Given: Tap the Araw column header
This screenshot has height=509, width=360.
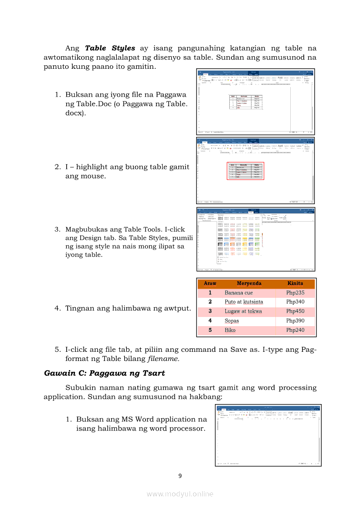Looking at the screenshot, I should (x=210, y=283).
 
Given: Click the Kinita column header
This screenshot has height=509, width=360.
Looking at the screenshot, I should (x=295, y=283).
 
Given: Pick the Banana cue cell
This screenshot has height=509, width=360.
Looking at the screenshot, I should (x=238, y=293).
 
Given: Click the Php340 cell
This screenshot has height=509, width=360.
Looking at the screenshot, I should (x=295, y=302).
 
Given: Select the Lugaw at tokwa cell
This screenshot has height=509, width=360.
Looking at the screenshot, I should (x=243, y=311).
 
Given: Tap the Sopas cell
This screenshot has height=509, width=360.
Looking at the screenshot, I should (x=231, y=321).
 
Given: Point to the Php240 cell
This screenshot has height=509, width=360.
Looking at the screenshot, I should (x=295, y=330).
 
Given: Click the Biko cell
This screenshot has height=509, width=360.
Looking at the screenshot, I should (x=230, y=330).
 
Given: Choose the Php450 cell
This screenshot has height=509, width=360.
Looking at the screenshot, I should (x=295, y=311).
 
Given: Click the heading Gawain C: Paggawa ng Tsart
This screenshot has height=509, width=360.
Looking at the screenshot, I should (x=104, y=373).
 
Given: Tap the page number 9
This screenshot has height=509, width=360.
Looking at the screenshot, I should (x=180, y=475).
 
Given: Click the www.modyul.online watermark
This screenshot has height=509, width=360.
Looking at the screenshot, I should (x=180, y=494).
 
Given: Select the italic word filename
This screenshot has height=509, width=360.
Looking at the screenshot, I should (x=163, y=359).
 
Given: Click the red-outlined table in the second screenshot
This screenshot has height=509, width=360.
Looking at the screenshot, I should (x=245, y=171).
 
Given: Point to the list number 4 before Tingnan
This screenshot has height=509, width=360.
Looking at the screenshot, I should (x=57, y=308).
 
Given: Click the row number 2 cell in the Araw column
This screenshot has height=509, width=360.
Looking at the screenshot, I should (x=210, y=302).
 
